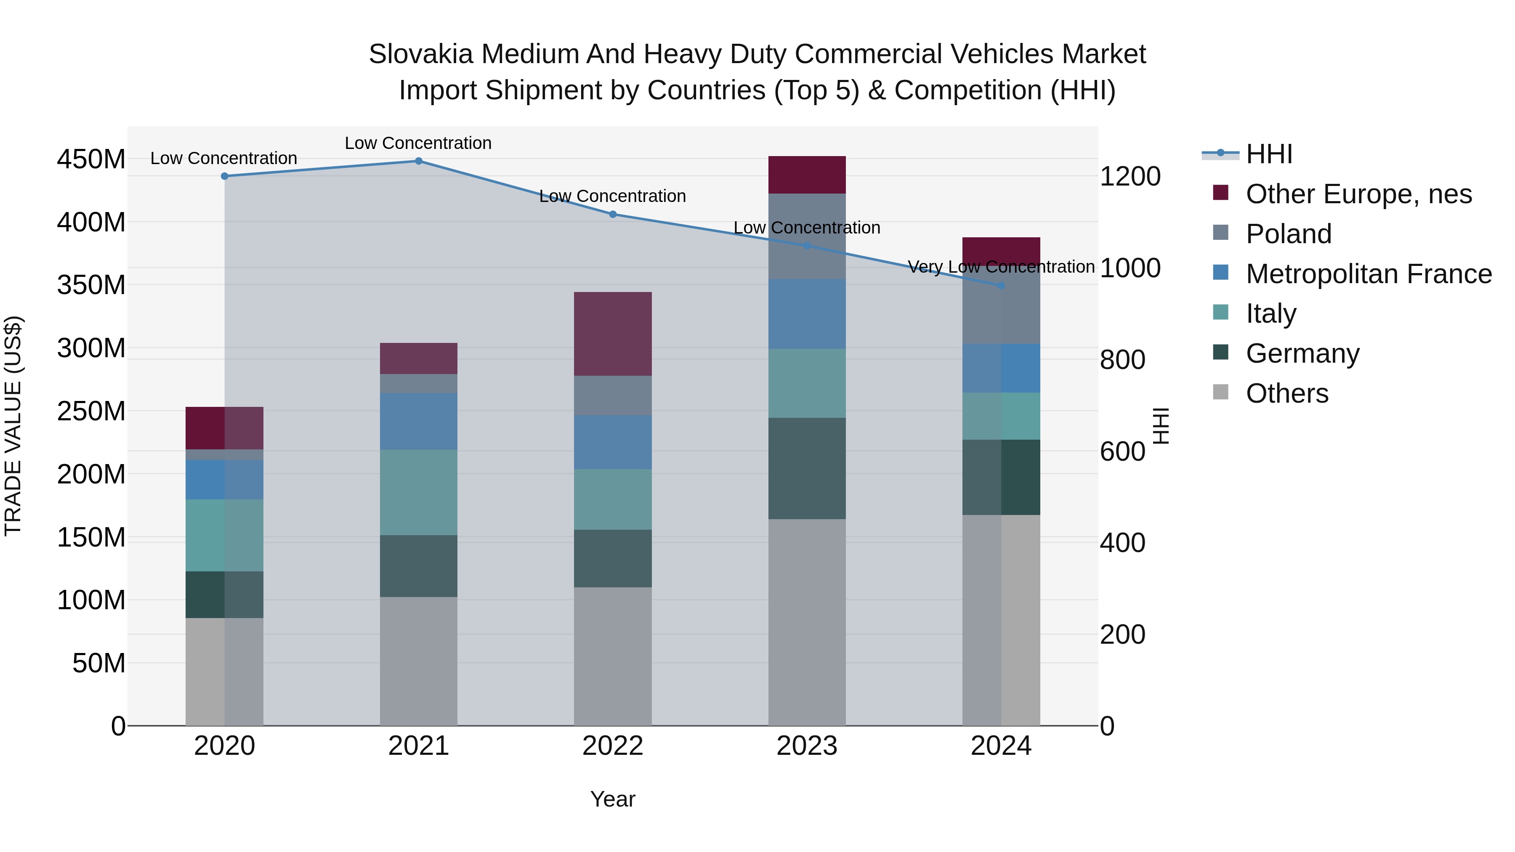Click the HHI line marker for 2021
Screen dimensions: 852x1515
418,161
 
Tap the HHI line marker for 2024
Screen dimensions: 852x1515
1001,286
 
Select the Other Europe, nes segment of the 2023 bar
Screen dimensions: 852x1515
806,175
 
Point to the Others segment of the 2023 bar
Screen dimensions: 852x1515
806,622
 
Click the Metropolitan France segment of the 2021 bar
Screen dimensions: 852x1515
418,421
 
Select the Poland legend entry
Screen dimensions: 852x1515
1288,234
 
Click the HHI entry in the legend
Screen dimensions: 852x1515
1268,154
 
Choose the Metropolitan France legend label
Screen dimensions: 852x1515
1369,274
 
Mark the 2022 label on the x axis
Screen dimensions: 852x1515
612,746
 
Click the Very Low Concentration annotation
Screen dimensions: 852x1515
1001,267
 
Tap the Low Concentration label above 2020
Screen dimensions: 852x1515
223,158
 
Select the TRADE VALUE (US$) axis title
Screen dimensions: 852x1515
13,426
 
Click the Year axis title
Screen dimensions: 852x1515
612,799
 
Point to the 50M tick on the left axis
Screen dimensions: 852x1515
98,663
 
